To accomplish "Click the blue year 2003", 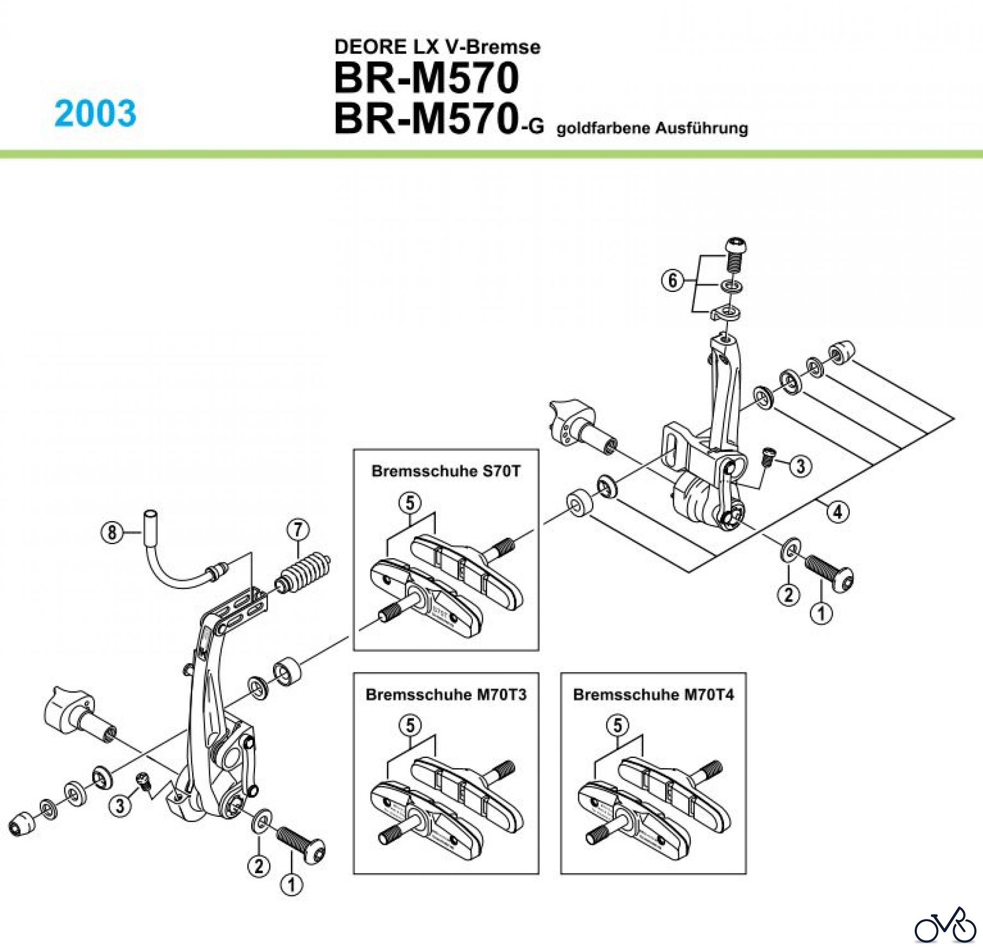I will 96,113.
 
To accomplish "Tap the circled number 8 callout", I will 112,531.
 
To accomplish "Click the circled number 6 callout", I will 672,280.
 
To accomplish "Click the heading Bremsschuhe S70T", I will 446,471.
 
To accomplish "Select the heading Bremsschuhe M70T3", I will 446,695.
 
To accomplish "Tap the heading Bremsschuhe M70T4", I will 653,695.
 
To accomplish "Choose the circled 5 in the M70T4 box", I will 618,726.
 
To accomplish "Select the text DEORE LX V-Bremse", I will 437,47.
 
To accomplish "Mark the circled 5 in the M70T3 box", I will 410,726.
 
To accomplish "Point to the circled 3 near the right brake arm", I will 801,466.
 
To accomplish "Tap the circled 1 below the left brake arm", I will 291,885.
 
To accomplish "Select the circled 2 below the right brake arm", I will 788,594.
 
